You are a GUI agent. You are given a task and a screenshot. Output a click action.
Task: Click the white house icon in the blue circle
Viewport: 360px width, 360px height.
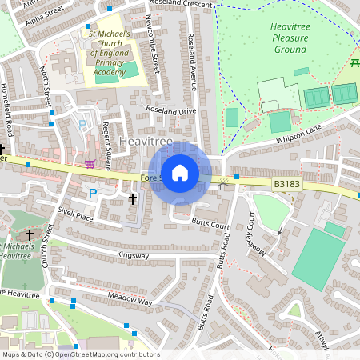[x=180, y=173]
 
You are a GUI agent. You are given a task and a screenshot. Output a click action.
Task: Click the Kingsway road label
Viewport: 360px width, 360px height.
[x=133, y=255]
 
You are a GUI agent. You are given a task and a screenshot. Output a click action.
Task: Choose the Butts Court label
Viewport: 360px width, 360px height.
[x=210, y=227]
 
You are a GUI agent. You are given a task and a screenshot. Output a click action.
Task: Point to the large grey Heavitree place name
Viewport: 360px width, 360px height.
[x=145, y=141]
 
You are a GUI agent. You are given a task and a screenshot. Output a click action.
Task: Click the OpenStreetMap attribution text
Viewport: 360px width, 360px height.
[x=80, y=354]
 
